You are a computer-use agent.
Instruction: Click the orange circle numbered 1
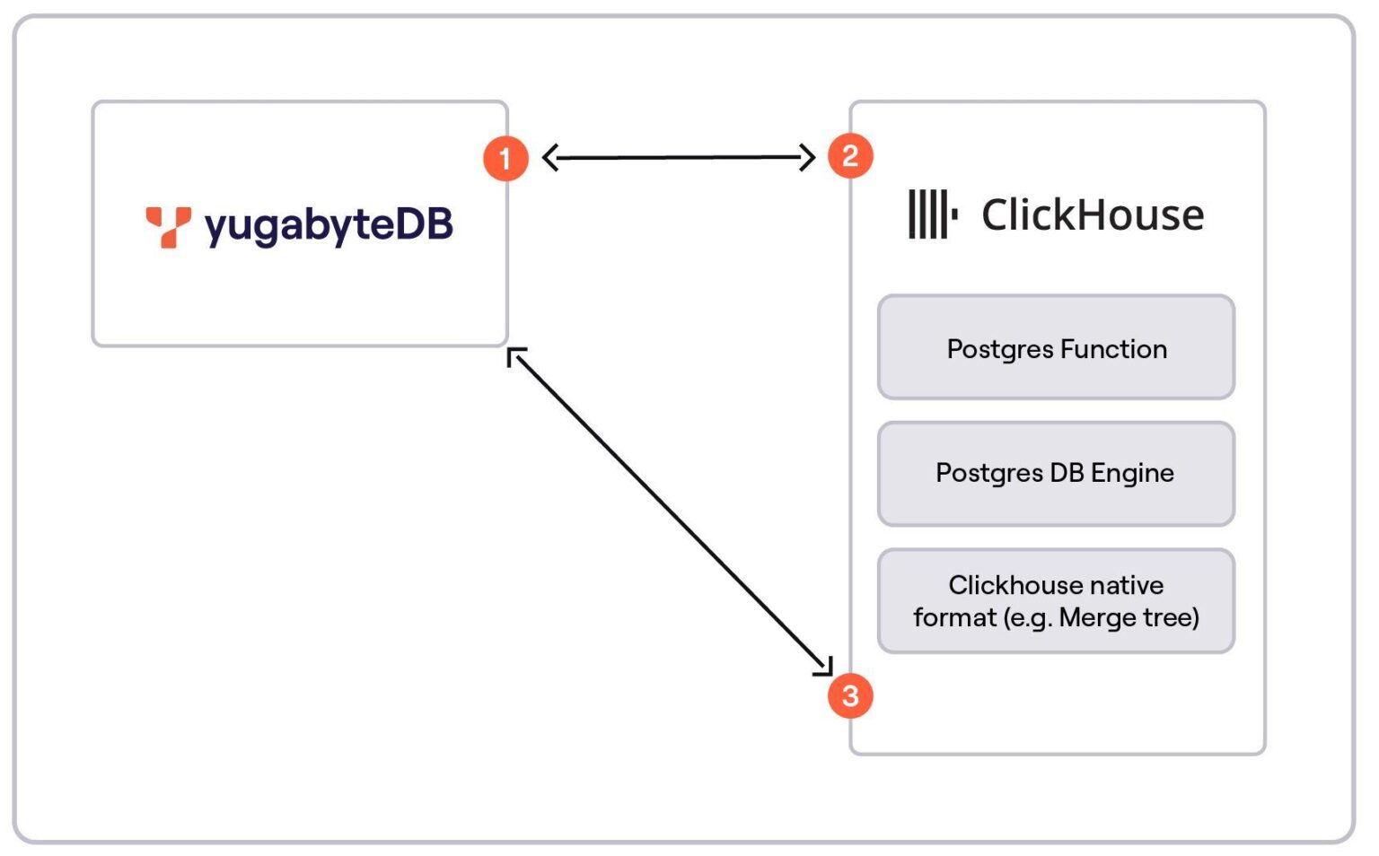pos(505,159)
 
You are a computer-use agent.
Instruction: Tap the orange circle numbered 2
pos(850,156)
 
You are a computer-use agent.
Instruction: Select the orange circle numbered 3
pos(850,695)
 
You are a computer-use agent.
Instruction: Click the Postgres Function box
pos(1056,348)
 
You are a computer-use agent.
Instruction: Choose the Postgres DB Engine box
pos(1056,474)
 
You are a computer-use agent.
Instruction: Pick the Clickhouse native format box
pos(1056,601)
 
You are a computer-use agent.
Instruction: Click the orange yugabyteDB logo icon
pos(168,226)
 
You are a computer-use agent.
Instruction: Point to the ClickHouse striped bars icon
pos(932,214)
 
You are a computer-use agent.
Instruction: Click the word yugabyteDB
pos(329,226)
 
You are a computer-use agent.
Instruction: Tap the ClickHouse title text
pos(1093,215)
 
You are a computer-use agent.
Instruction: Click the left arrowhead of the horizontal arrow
pos(549,158)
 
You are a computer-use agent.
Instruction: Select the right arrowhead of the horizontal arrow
pos(807,158)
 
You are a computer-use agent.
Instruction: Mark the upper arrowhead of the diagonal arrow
pos(515,356)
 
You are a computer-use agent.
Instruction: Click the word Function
pos(1114,348)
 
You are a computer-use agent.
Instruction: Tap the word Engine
pos(1132,473)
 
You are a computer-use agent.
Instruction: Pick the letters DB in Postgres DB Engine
pos(1067,473)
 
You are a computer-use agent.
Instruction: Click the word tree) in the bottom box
pos(1171,617)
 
